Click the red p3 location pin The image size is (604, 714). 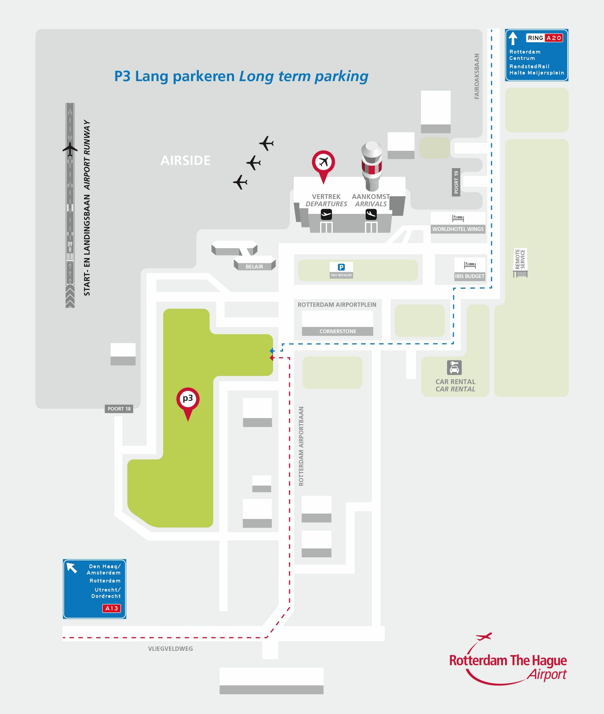tap(188, 399)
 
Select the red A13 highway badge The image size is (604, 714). tap(112, 608)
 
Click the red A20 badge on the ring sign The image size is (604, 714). tap(554, 38)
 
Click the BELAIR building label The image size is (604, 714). tap(254, 266)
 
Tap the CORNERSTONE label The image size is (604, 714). tap(337, 331)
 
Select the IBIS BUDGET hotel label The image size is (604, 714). tap(469, 276)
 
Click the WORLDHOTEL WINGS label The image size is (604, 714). tap(458, 229)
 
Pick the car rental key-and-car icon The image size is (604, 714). tap(454, 368)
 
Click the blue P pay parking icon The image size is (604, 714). tap(341, 267)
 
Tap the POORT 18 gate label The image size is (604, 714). tap(119, 409)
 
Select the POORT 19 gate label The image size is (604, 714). tap(456, 182)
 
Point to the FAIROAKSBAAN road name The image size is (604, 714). tap(477, 76)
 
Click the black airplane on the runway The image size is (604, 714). tap(70, 149)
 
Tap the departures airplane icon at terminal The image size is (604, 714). tap(326, 215)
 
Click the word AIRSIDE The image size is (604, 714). tap(185, 160)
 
